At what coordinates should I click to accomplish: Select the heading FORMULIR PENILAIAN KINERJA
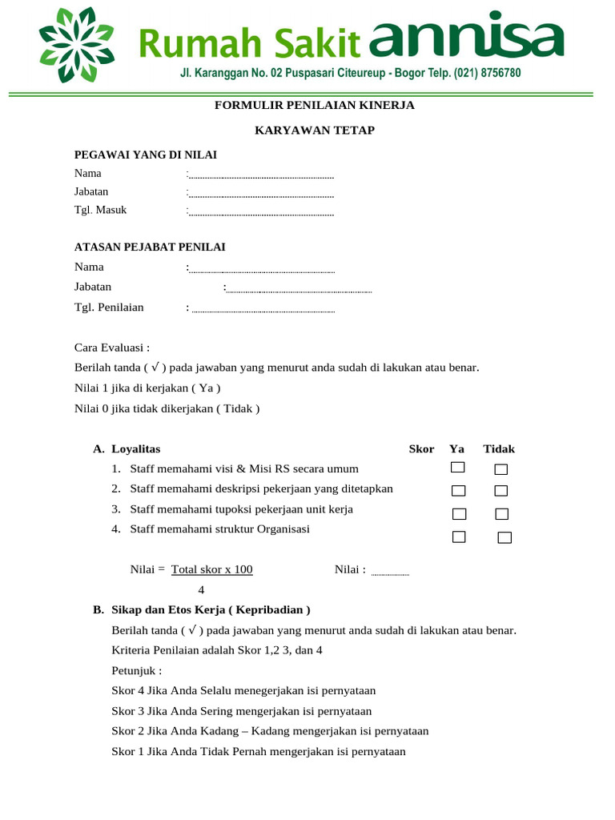[315, 106]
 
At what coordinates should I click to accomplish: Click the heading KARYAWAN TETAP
[315, 130]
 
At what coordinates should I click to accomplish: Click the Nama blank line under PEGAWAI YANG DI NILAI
[261, 175]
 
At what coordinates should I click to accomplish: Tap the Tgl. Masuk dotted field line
[261, 213]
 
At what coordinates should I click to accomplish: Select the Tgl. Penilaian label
[109, 307]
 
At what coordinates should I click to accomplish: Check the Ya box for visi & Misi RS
[458, 468]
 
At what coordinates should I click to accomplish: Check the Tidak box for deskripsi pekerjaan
[501, 490]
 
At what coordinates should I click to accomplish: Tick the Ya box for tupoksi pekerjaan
[459, 513]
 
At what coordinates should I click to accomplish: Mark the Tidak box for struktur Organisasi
[504, 537]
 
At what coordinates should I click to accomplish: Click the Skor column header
[421, 449]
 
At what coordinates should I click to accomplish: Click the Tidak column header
[498, 449]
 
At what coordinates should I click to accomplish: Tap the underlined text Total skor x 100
[212, 569]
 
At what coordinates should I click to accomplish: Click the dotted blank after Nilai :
[391, 573]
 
